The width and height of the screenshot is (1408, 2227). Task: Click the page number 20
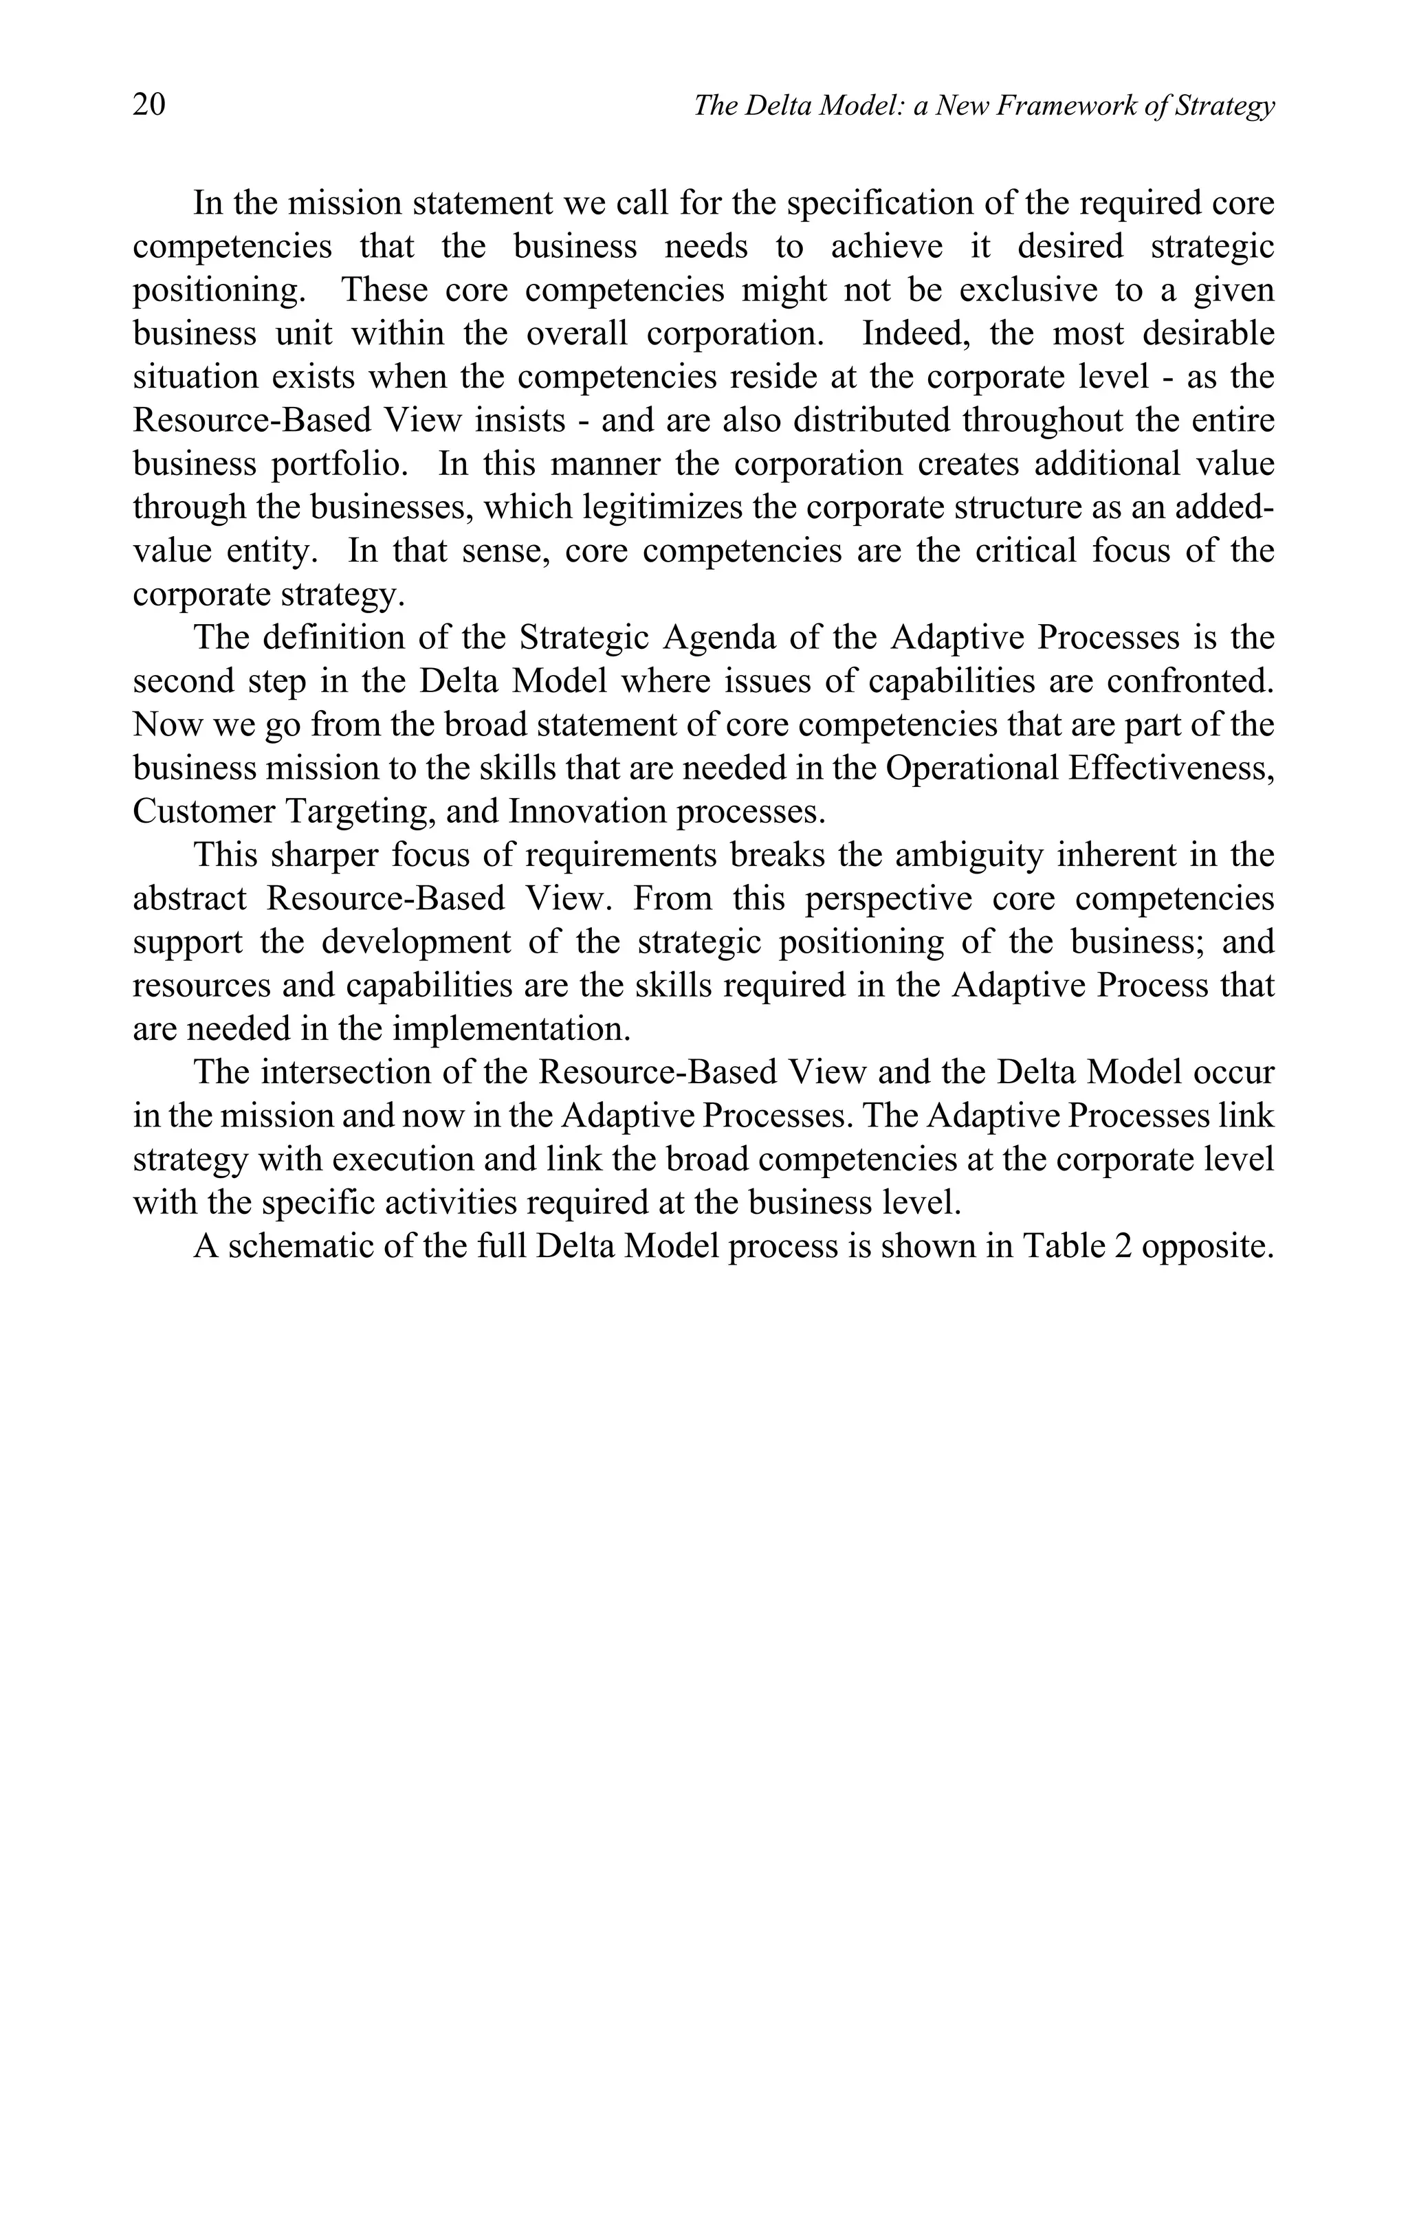[149, 104]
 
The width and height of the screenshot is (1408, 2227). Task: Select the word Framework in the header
[1066, 107]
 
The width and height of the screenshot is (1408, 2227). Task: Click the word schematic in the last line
[298, 1245]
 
